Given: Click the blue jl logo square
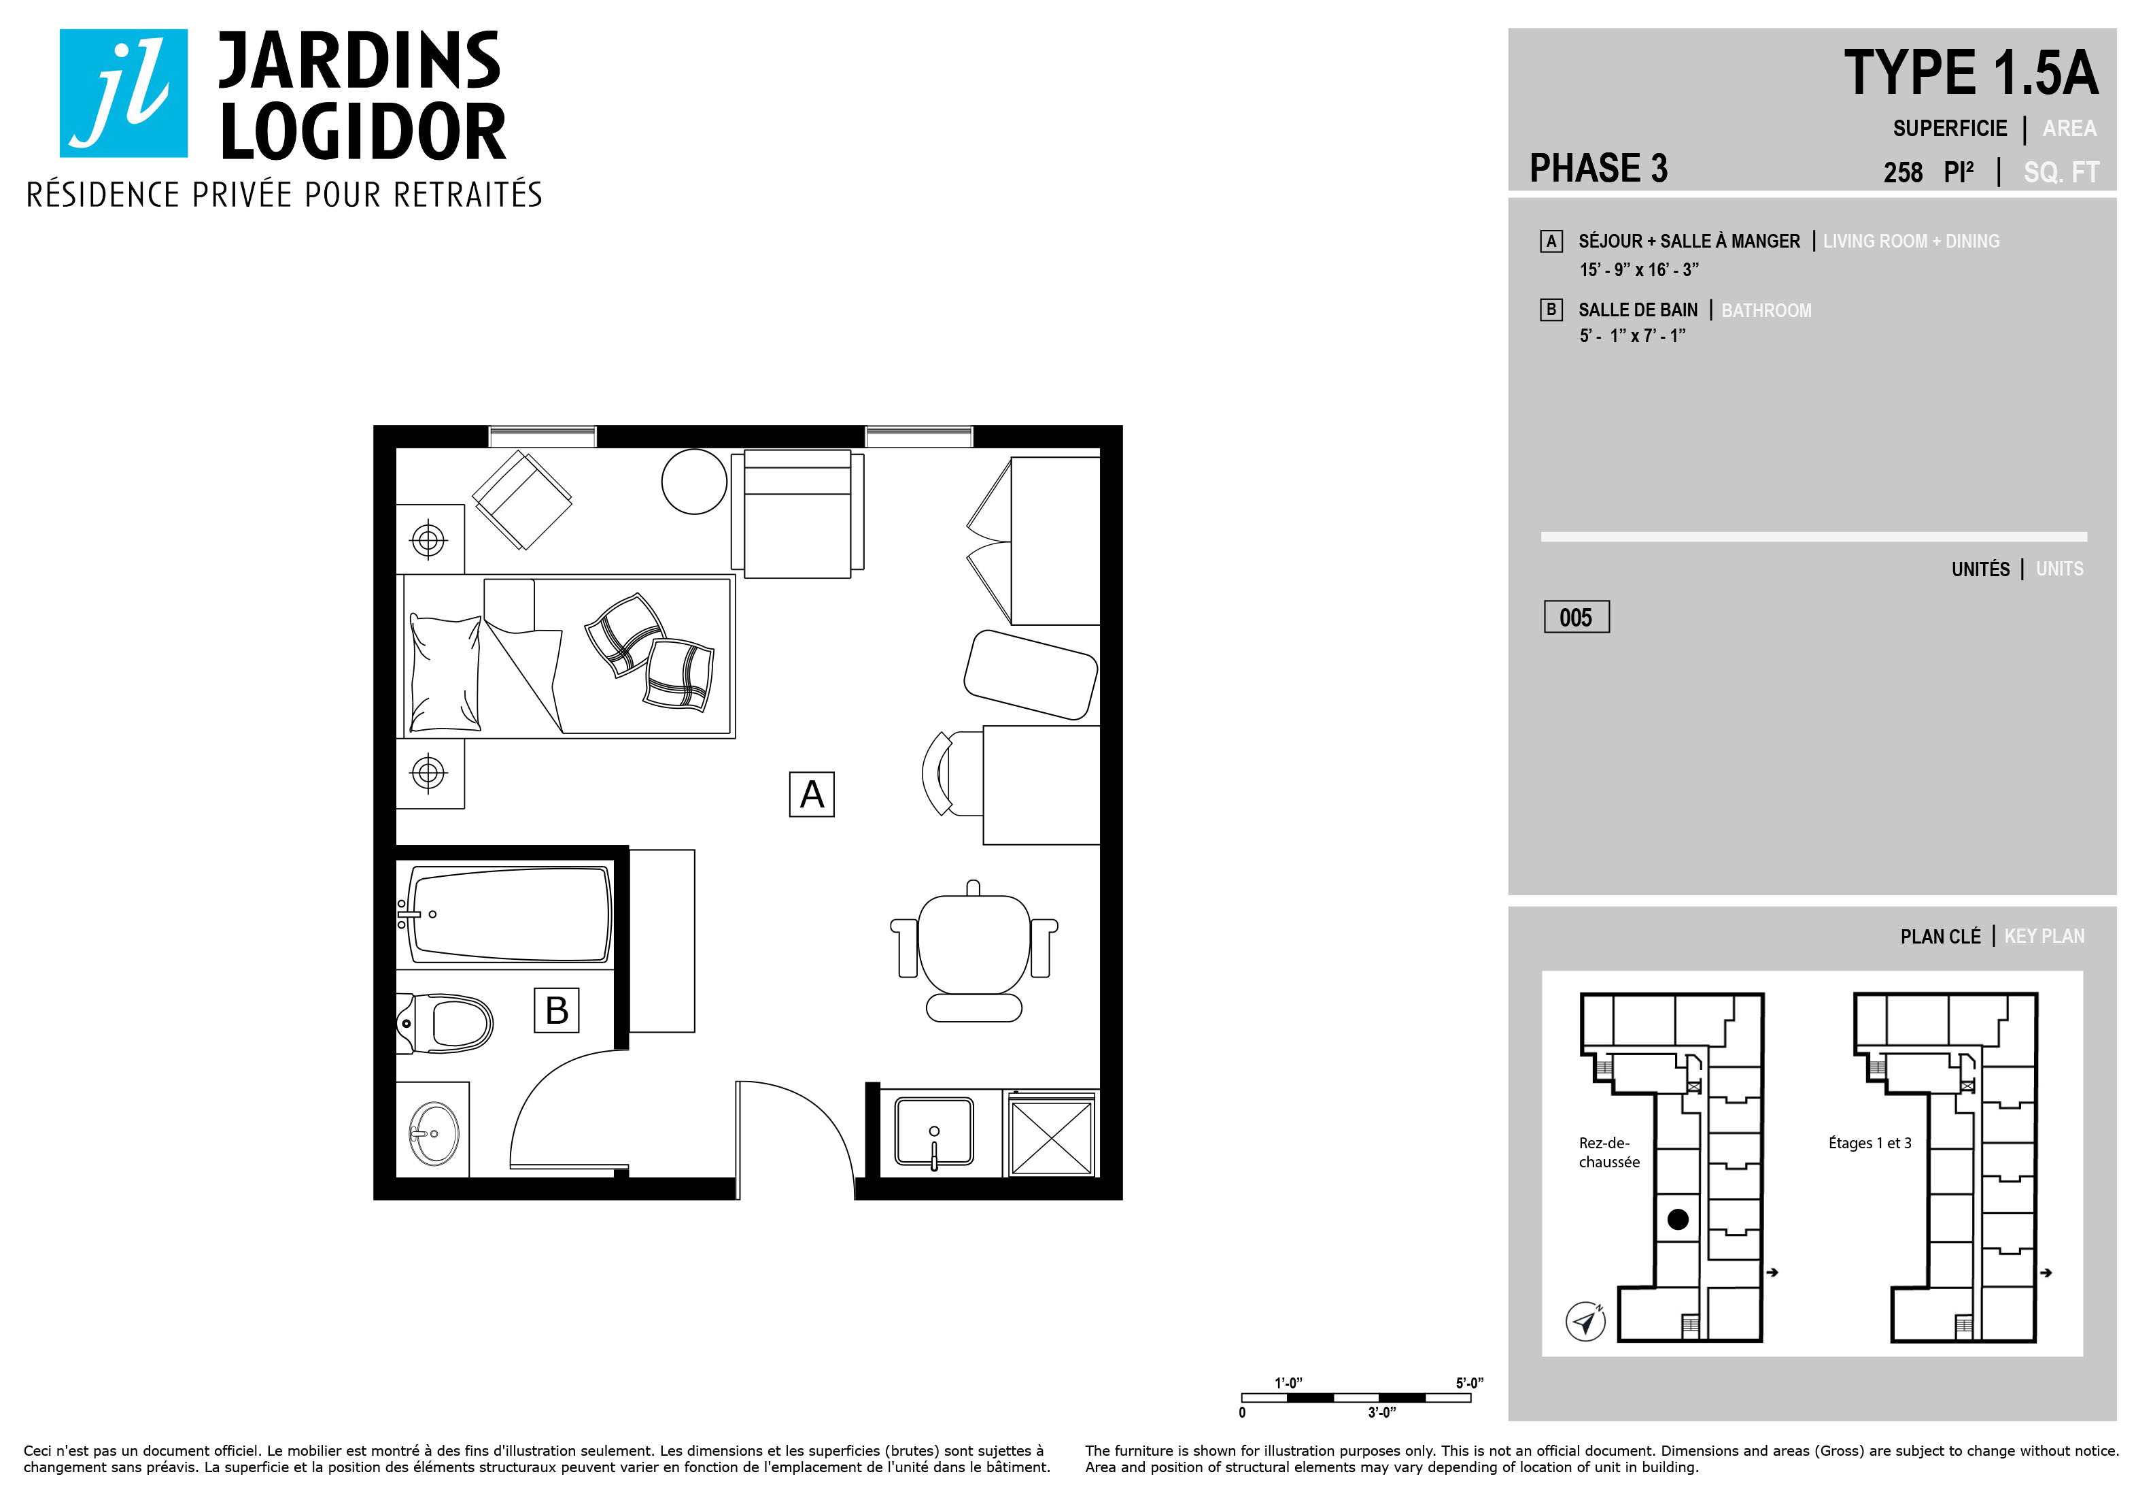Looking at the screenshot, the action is point(124,93).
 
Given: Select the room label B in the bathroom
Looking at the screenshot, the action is point(556,1010).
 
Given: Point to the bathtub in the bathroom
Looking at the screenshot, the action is point(507,915).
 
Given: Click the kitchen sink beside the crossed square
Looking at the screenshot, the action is point(934,1131).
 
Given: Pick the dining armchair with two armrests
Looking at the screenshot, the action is point(974,950).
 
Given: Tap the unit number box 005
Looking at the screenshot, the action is point(1577,616).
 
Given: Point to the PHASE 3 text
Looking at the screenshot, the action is point(1599,169).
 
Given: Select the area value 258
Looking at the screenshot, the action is point(1903,173).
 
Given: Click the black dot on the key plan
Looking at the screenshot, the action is point(1678,1220).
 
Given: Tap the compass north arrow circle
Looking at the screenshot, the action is point(1585,1322).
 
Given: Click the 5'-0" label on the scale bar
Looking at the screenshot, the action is point(1469,1383).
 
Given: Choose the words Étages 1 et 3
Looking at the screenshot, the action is point(1870,1143).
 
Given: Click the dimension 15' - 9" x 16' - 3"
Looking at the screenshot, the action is point(1639,270).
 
